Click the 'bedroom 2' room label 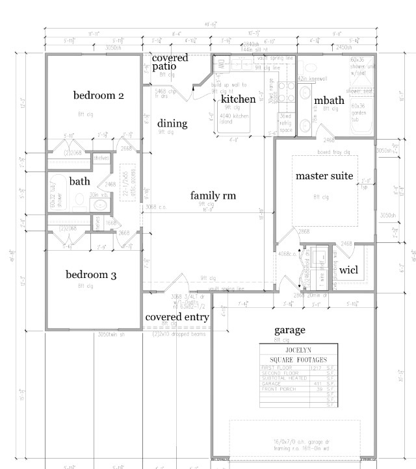click(x=98, y=95)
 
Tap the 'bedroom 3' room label click(x=91, y=275)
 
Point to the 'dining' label click(x=172, y=123)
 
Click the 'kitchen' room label click(x=238, y=99)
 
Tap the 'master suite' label click(x=324, y=176)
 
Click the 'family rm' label click(x=213, y=196)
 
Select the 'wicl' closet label click(x=348, y=269)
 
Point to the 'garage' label click(x=289, y=330)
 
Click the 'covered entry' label click(x=177, y=317)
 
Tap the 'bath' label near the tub click(x=79, y=181)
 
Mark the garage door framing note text click(x=294, y=447)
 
